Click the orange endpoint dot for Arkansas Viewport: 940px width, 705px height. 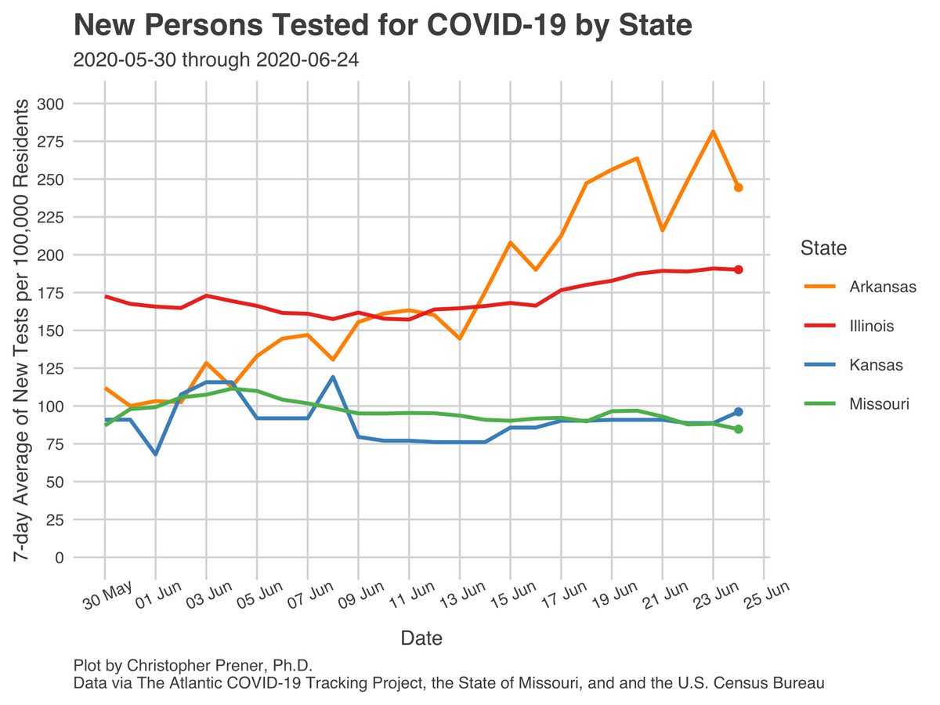click(x=738, y=187)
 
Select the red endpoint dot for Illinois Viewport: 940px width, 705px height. click(x=738, y=269)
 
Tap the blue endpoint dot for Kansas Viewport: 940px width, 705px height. click(x=738, y=412)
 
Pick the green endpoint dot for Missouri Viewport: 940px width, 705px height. click(x=738, y=429)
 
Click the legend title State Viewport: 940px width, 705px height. click(x=823, y=249)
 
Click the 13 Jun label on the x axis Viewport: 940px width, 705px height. click(x=462, y=598)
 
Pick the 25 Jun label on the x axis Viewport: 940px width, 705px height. click(x=766, y=598)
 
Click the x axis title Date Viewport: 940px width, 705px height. click(x=421, y=638)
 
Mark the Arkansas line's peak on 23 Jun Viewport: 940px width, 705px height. click(x=713, y=132)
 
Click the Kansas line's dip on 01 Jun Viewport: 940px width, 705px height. click(x=156, y=454)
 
